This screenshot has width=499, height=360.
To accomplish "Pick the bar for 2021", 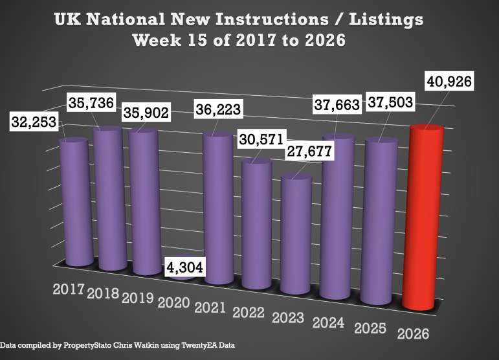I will [x=218, y=207].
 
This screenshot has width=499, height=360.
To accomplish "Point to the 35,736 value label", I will [x=92, y=104].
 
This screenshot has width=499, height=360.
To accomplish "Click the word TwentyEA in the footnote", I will [x=190, y=346].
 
